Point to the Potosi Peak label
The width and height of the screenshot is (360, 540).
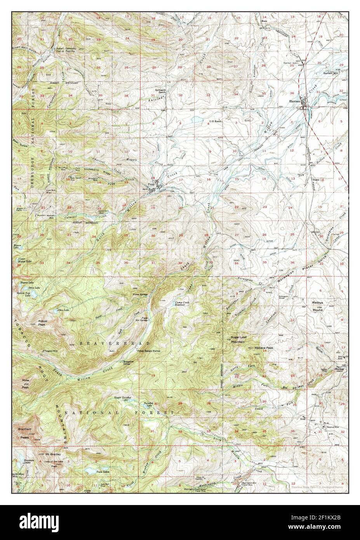(43, 323)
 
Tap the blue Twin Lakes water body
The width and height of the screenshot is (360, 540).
(92, 471)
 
